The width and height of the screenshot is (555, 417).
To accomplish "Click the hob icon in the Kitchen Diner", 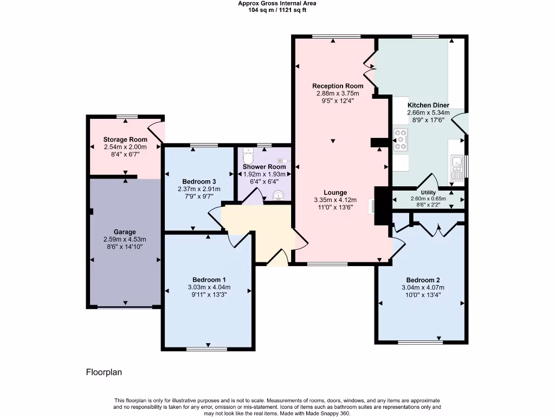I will [x=402, y=140].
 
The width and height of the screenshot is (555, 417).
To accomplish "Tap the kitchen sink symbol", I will [x=457, y=168].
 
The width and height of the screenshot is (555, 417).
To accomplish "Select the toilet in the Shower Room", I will [x=248, y=151].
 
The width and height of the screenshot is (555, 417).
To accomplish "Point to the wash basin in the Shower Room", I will [x=279, y=195].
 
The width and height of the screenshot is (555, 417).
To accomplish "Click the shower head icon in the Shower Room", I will [x=283, y=161].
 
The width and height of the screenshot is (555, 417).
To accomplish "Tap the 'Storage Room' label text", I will [x=125, y=140].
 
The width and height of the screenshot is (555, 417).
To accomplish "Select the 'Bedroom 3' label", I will [x=199, y=181].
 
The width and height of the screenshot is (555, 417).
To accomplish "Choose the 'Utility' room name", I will [x=428, y=192].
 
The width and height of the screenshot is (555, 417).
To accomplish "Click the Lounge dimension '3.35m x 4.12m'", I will [x=335, y=200].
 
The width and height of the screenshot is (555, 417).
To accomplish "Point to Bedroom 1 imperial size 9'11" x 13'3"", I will [x=209, y=295].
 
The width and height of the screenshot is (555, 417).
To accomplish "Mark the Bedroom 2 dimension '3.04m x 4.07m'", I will [x=423, y=288].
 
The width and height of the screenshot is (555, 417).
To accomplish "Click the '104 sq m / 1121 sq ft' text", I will [x=277, y=10].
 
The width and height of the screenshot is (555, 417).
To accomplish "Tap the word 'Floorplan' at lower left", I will [x=104, y=372].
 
